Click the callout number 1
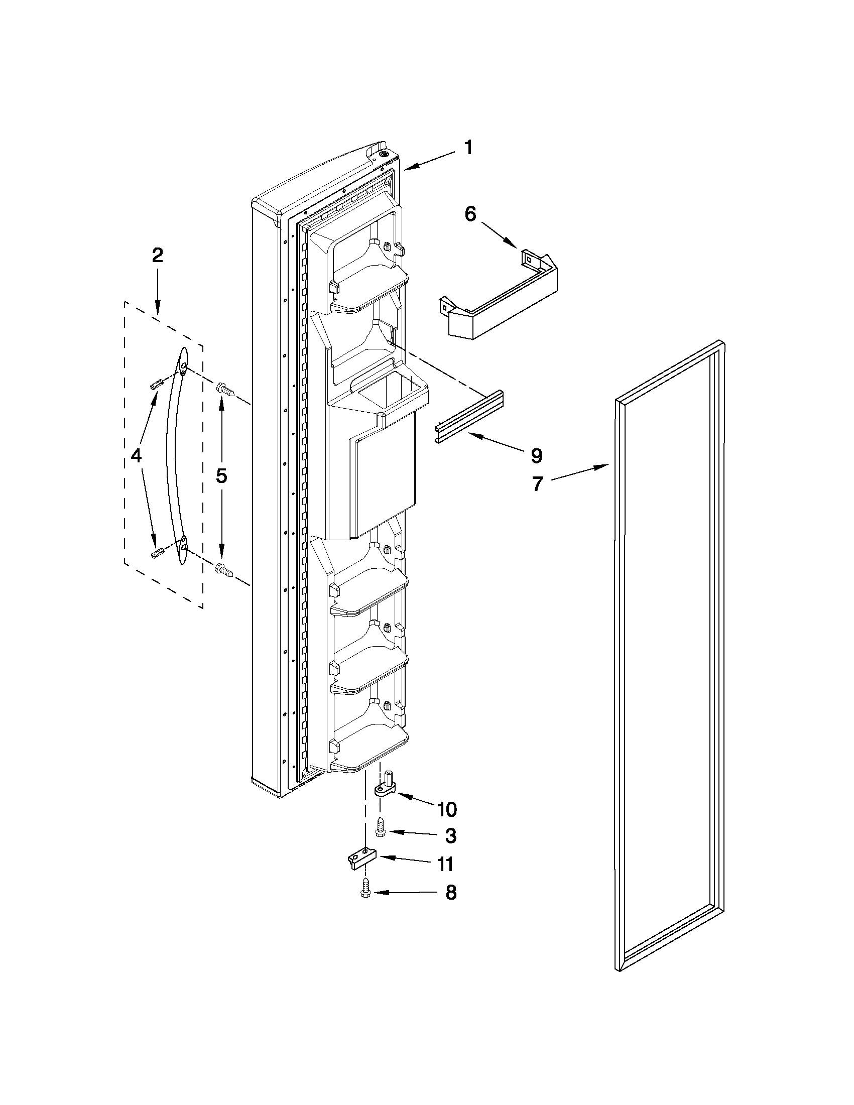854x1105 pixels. [468, 148]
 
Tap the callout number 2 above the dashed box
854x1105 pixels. [157, 256]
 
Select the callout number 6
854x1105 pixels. [470, 214]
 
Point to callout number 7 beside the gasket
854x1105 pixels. [537, 484]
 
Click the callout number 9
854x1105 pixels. [537, 456]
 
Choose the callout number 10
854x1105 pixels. [447, 809]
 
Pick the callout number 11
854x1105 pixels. [445, 865]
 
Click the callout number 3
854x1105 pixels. [451, 836]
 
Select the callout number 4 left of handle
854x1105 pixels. [136, 455]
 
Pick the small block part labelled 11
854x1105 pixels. [362, 859]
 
